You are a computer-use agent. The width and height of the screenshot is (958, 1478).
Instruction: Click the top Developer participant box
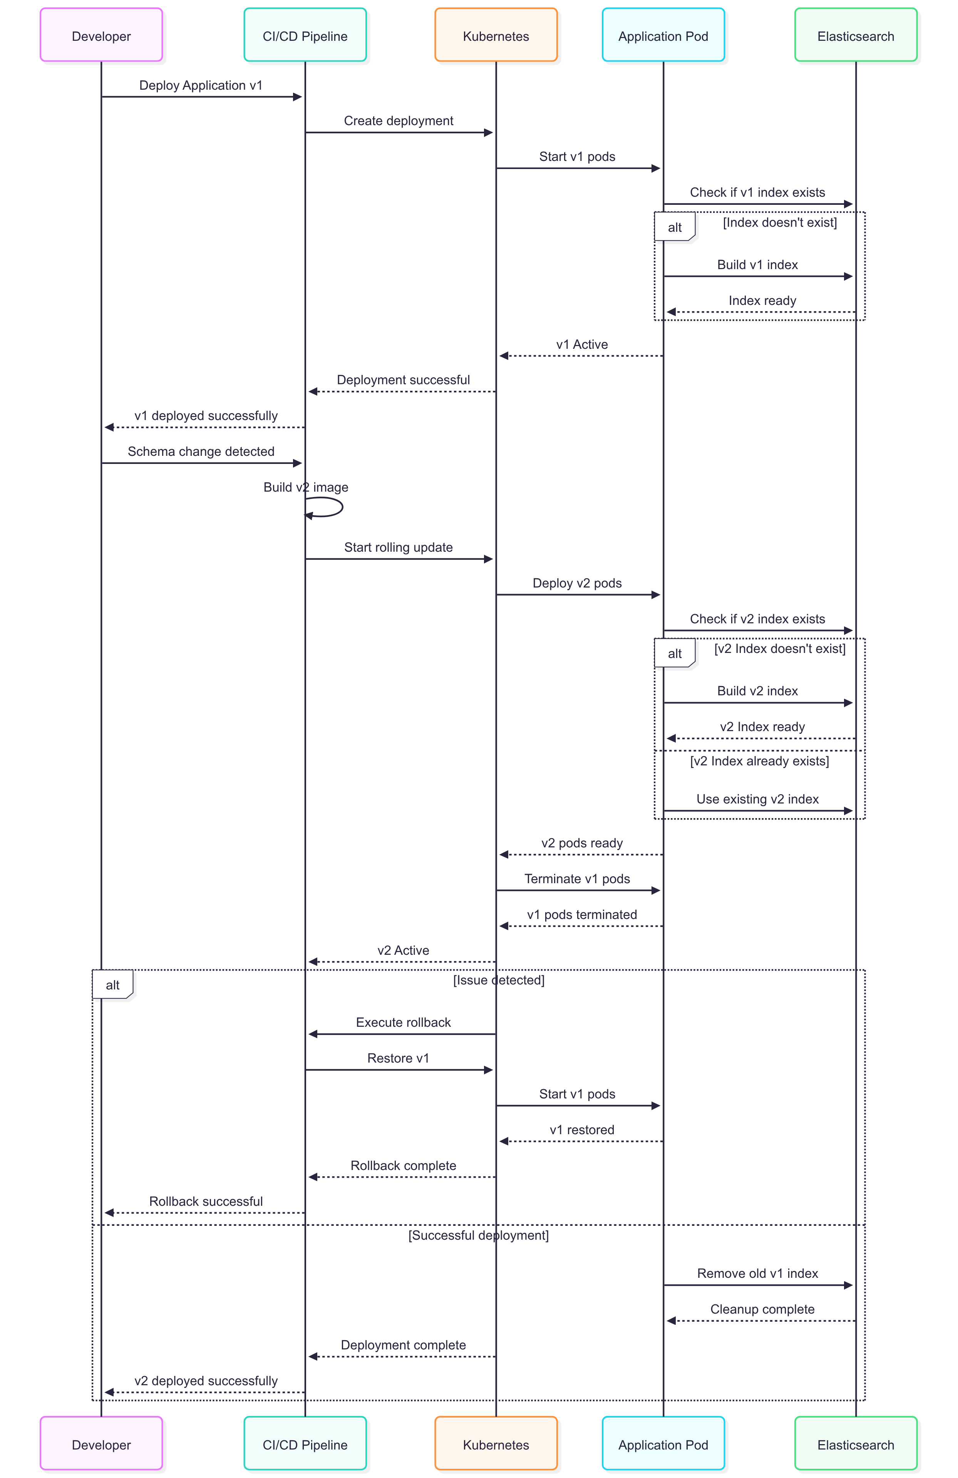(101, 35)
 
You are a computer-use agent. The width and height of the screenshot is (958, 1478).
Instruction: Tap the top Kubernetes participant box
(496, 35)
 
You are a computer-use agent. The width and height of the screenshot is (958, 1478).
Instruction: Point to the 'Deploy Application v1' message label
(201, 86)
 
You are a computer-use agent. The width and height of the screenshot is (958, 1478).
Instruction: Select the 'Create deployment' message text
(398, 121)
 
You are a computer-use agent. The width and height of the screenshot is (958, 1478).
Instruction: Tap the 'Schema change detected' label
(201, 452)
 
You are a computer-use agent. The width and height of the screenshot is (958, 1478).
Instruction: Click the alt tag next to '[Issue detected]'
(112, 984)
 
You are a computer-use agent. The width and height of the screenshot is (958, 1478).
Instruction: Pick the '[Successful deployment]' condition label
(478, 1235)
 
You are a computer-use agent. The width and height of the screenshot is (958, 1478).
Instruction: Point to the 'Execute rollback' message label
(403, 1022)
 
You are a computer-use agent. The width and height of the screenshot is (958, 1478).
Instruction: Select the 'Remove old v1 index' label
(757, 1273)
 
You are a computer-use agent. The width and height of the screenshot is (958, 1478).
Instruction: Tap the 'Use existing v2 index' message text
(757, 799)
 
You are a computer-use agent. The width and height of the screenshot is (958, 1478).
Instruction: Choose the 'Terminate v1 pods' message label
(577, 879)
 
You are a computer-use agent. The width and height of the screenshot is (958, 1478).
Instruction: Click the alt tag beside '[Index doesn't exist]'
(675, 227)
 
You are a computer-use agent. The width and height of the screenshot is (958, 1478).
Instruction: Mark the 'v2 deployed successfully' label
(206, 1381)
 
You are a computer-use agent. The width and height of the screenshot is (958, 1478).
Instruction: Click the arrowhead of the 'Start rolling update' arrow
(488, 559)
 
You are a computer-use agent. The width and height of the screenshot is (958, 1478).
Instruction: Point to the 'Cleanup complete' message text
(762, 1309)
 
